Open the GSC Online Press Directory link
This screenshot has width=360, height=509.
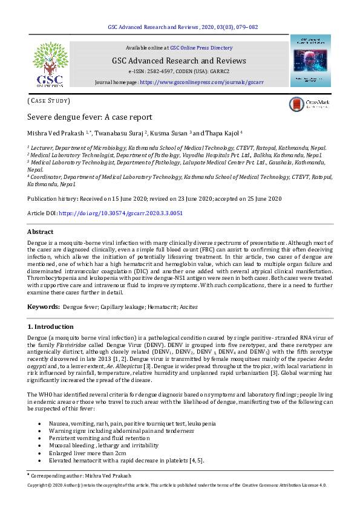coord(201,47)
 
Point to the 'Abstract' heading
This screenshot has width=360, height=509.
coord(41,232)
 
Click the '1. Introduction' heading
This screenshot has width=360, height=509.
coord(51,326)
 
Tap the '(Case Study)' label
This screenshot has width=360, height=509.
coord(49,100)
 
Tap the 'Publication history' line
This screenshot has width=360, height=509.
coord(154,198)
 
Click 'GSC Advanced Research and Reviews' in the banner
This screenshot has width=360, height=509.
coord(178,60)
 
